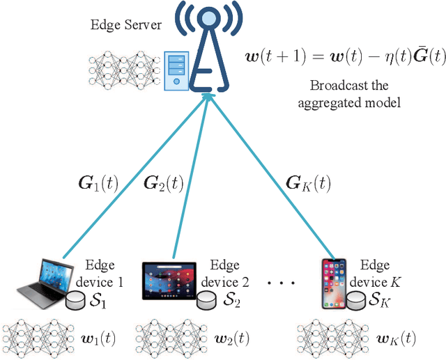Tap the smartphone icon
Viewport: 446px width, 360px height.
[x=333, y=283]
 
